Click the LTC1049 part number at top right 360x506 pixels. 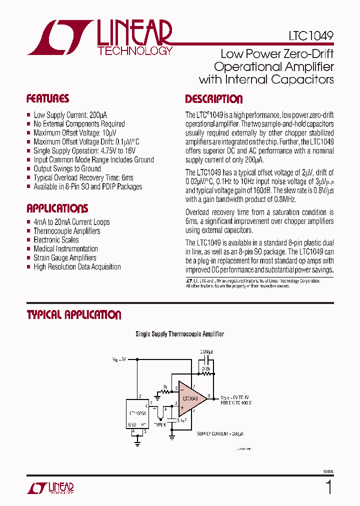click(x=311, y=36)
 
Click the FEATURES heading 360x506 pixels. click(x=47, y=98)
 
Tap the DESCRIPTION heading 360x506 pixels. click(x=213, y=99)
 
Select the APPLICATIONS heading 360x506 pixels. click(x=57, y=208)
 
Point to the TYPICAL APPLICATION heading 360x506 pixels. click(x=73, y=315)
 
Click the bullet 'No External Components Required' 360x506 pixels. click(x=79, y=124)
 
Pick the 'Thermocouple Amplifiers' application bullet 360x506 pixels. click(x=66, y=231)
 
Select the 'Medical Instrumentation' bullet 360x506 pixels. click(x=65, y=249)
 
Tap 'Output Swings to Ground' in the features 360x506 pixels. click(x=67, y=169)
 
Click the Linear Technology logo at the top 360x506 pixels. click(x=100, y=37)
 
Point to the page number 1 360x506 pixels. click(x=328, y=486)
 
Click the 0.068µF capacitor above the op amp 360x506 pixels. click(x=205, y=358)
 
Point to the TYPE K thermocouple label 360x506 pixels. click(x=158, y=424)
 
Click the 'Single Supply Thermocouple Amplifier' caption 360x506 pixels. click(x=180, y=334)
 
